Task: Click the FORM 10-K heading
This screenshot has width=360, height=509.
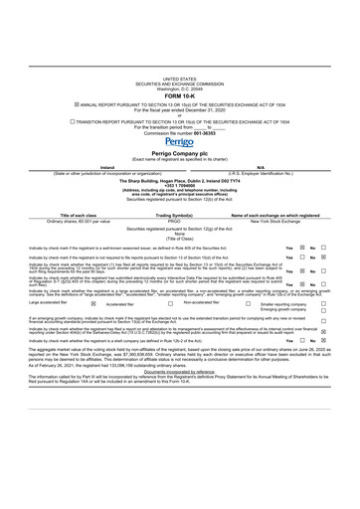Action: click(180, 94)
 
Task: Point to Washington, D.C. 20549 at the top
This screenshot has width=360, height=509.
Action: click(180, 86)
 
